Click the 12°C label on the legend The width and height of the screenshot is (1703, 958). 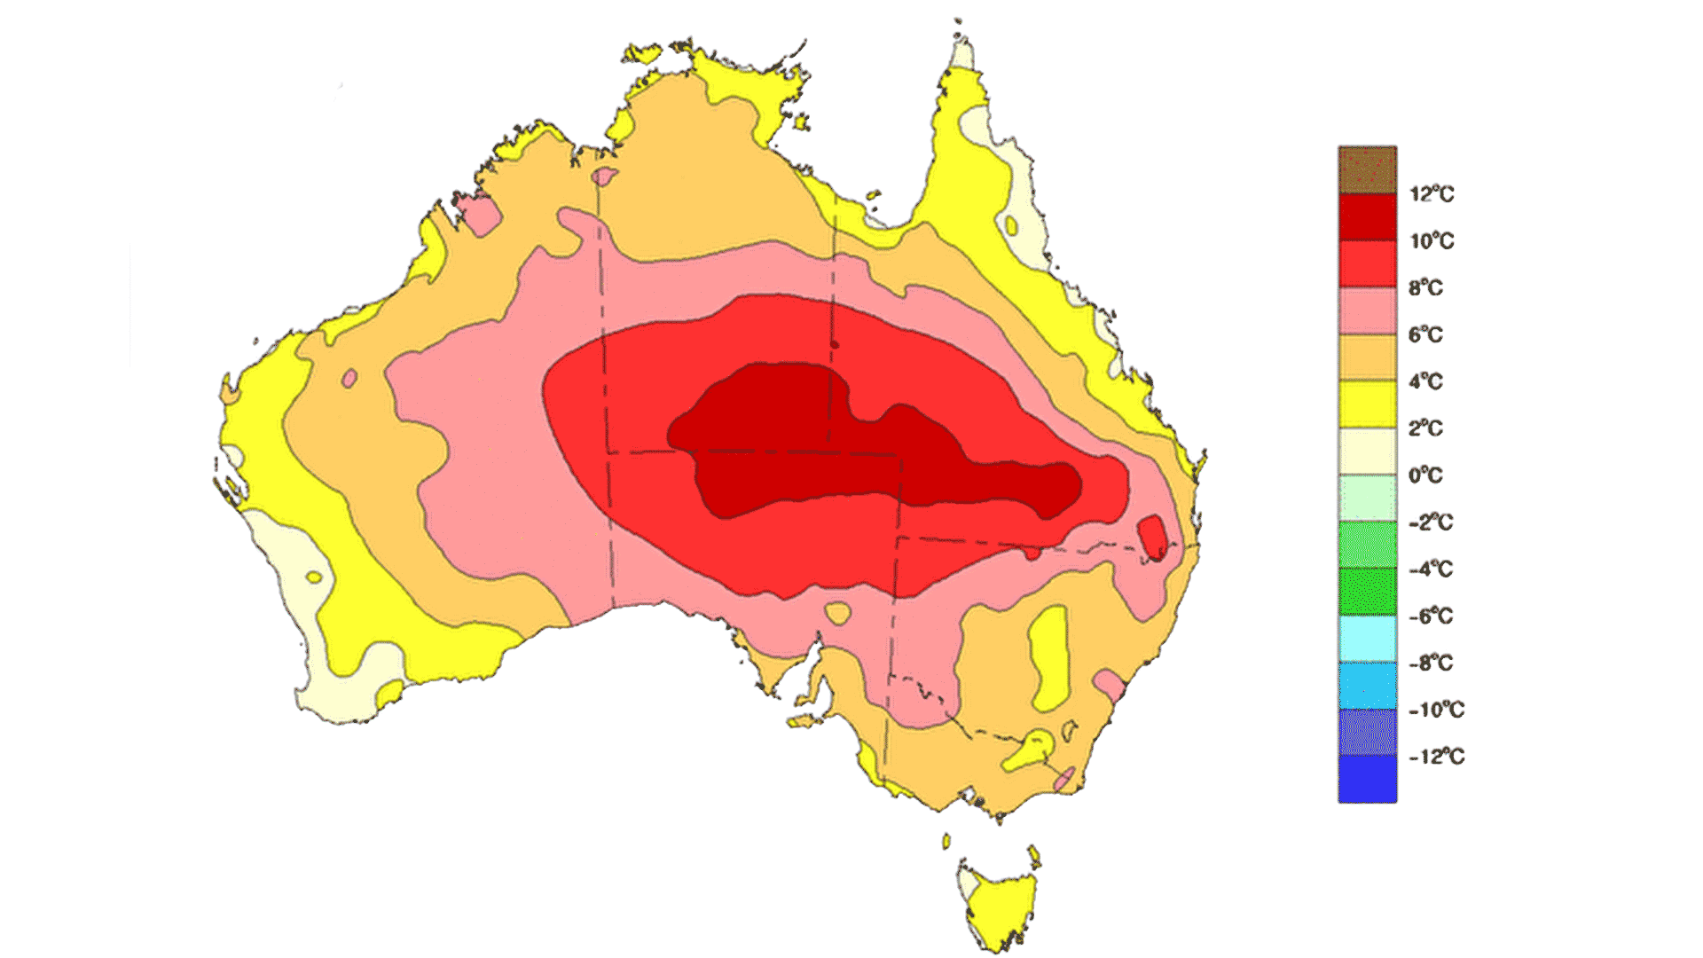click(x=1432, y=194)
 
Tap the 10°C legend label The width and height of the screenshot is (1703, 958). click(x=1432, y=241)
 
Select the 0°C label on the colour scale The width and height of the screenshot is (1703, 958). click(x=1425, y=475)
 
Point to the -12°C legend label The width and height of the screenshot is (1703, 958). click(x=1436, y=757)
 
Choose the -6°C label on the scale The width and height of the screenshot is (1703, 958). click(x=1430, y=616)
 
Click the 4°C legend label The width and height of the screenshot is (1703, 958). click(x=1425, y=381)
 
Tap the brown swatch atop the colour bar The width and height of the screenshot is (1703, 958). click(x=1367, y=169)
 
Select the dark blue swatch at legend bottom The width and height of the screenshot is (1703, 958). click(x=1367, y=779)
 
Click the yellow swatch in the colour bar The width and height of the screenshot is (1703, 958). click(x=1367, y=404)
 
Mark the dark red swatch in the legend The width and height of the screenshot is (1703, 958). click(x=1367, y=217)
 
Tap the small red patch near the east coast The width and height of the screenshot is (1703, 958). click(x=1153, y=538)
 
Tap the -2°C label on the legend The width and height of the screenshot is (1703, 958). click(x=1430, y=522)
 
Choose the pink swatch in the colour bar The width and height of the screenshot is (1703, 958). click(x=1367, y=310)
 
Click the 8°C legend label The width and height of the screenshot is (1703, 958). click(x=1425, y=288)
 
